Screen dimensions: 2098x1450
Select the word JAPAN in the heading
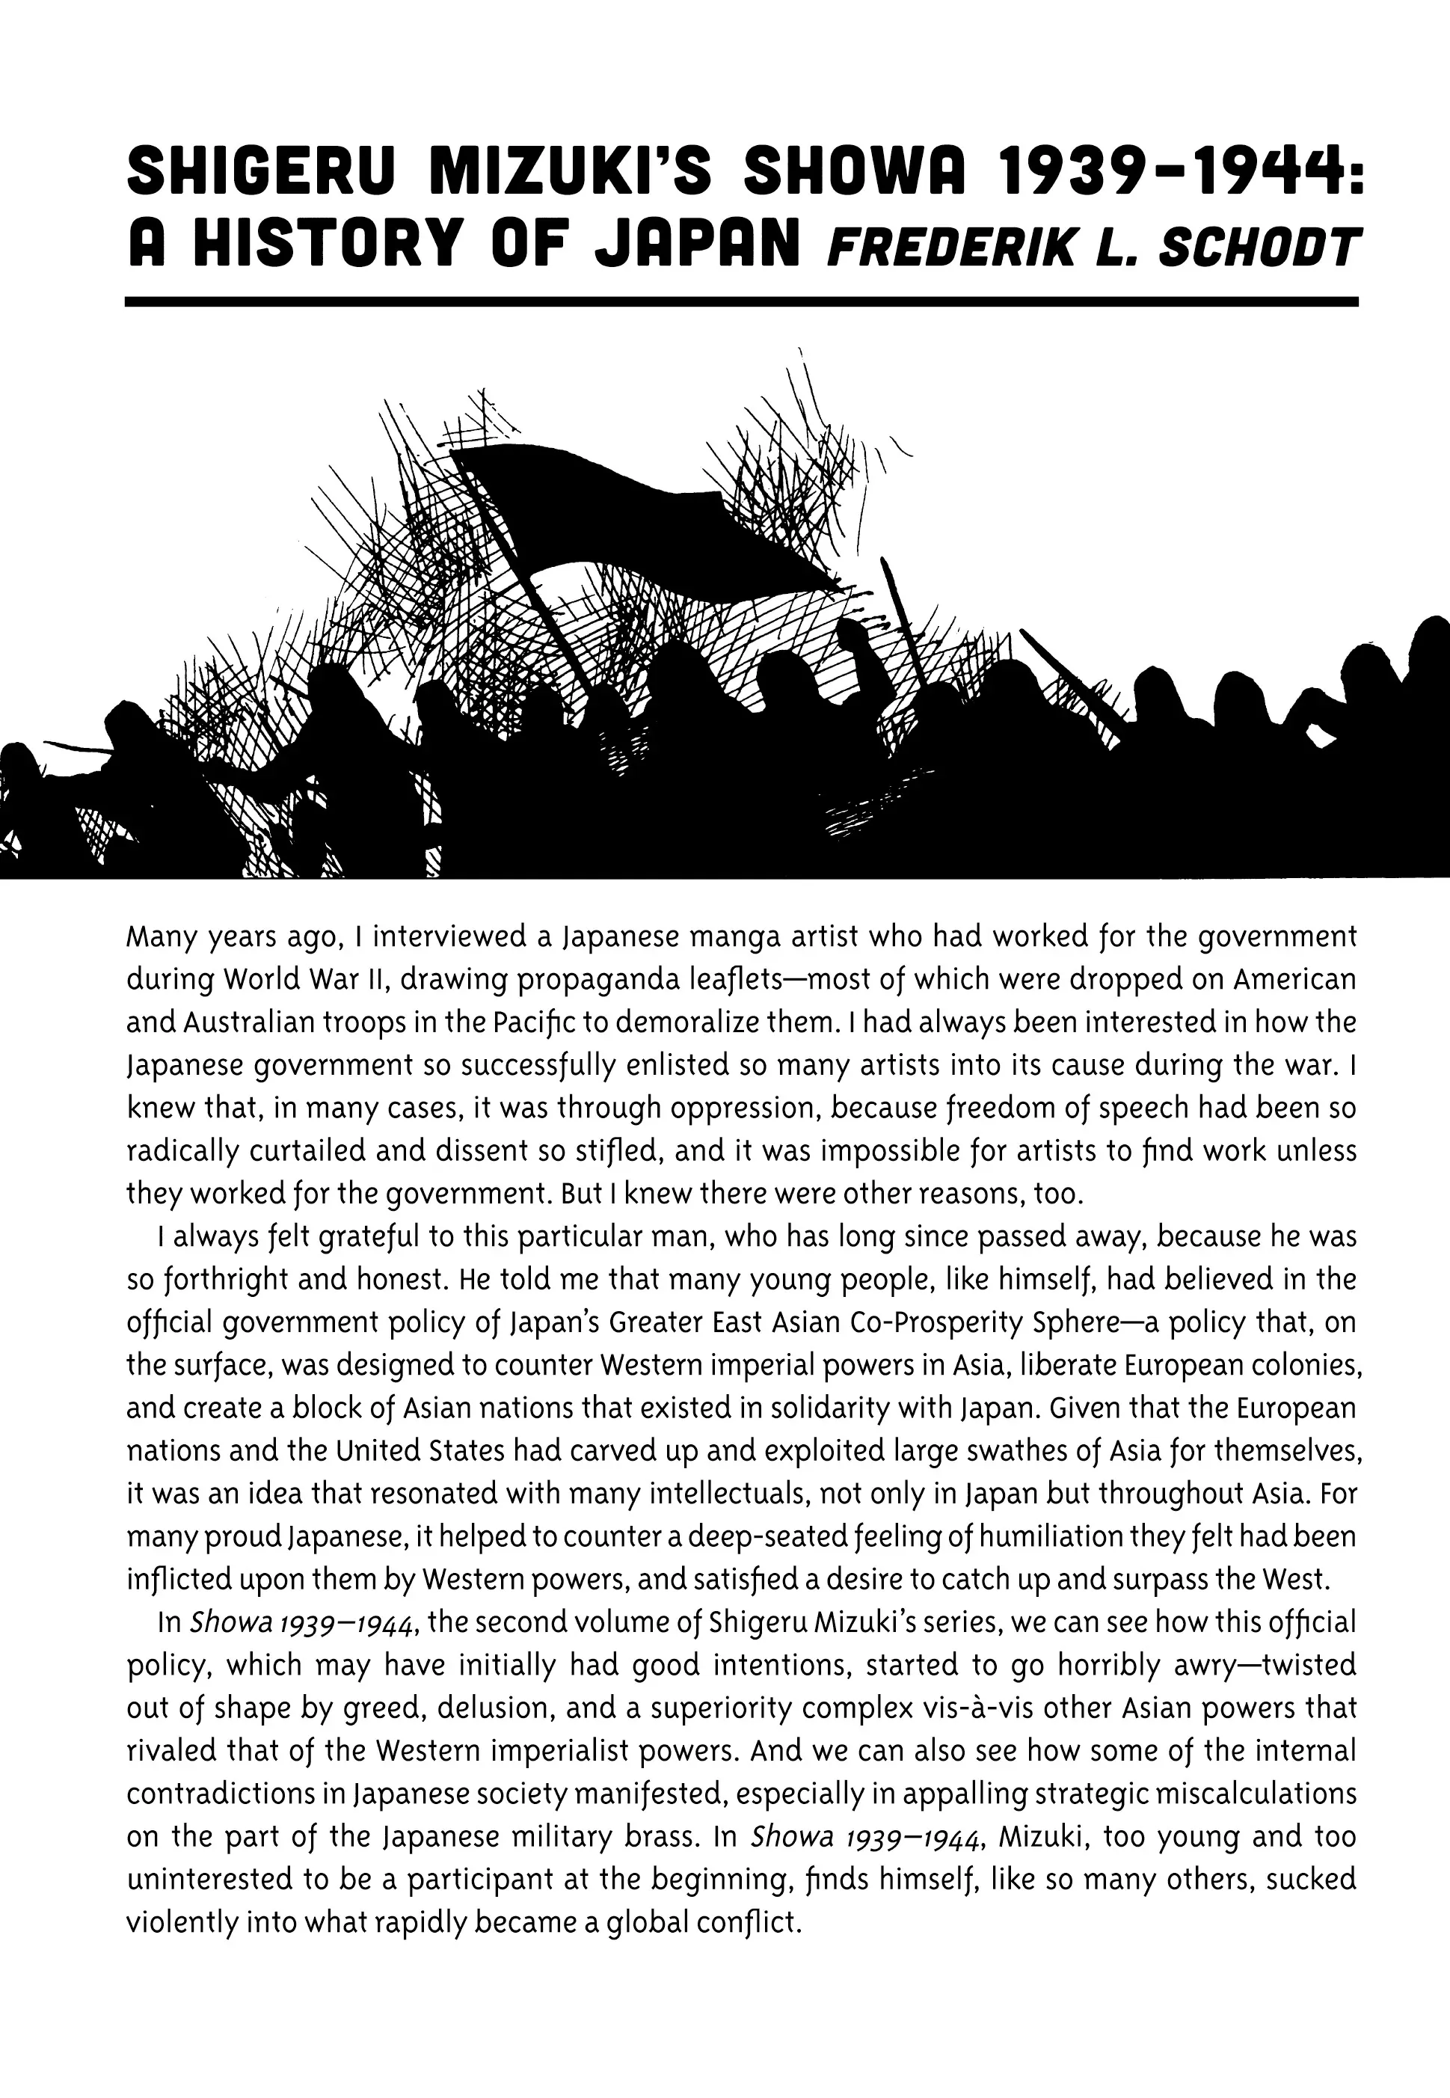point(692,247)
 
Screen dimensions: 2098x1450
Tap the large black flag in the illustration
point(636,518)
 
